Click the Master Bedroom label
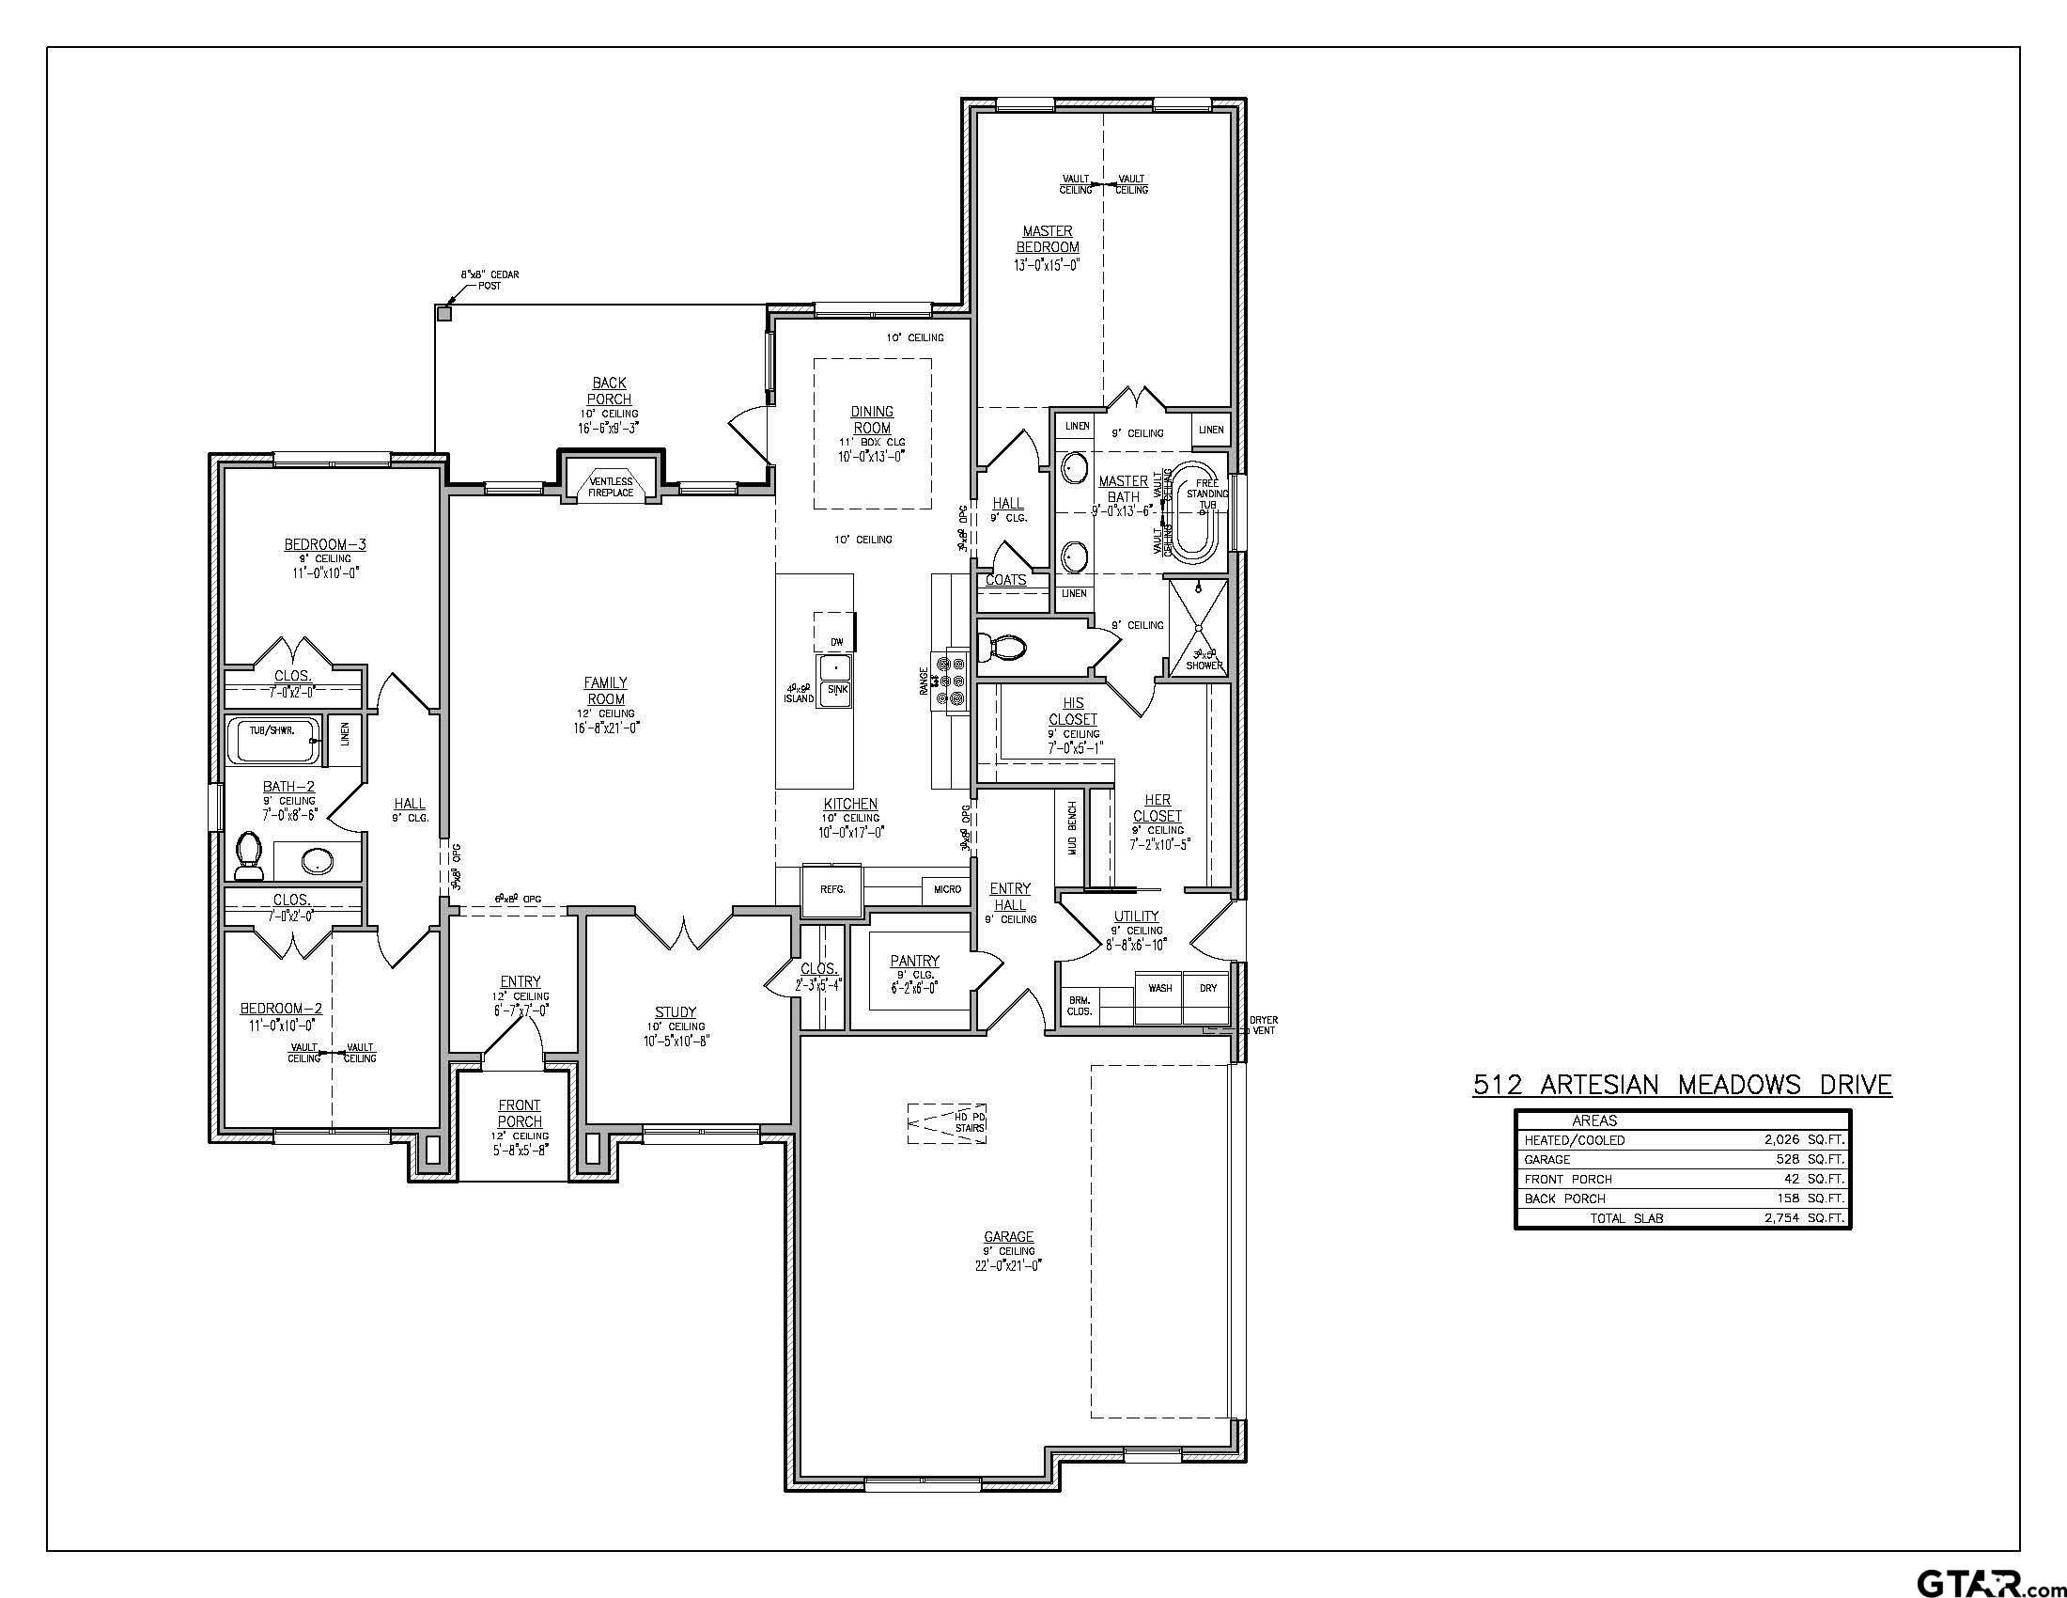[1048, 239]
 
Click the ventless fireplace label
[611, 488]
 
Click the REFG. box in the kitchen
[831, 890]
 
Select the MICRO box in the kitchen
[947, 890]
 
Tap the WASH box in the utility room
[1160, 988]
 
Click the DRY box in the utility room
[1208, 988]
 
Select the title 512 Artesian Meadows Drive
[1682, 1085]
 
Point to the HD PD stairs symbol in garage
[946, 1123]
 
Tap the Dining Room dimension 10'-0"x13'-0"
[872, 456]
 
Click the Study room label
[675, 1012]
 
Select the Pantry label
[914, 962]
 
